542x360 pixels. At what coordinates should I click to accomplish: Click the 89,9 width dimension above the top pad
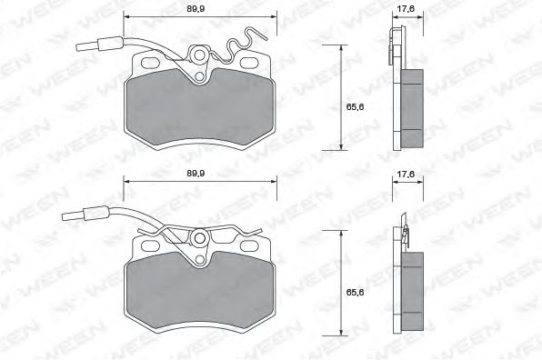click(196, 9)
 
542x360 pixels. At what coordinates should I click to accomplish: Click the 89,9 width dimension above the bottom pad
click(196, 174)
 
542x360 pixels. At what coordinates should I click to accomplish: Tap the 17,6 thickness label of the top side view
click(406, 9)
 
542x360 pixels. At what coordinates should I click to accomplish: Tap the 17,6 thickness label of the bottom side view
click(406, 175)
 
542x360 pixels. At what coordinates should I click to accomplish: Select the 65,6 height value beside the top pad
click(355, 107)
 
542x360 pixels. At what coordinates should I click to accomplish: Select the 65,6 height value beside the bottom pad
click(355, 293)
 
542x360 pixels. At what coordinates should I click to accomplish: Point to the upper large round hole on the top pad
click(199, 55)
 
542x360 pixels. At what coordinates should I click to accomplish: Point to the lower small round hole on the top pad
click(199, 76)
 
